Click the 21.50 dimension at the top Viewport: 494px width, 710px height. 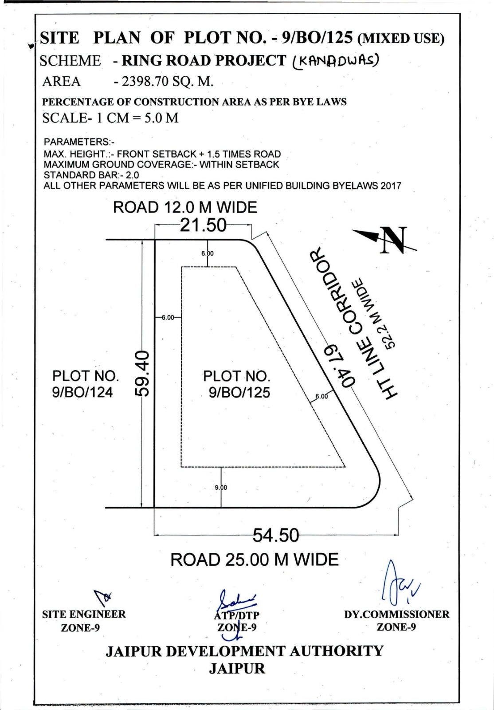pyautogui.click(x=204, y=225)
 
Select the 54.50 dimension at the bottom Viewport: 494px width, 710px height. pyautogui.click(x=276, y=536)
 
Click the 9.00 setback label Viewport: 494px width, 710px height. pyautogui.click(x=221, y=487)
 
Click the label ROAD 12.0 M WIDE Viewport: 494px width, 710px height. pyautogui.click(x=185, y=207)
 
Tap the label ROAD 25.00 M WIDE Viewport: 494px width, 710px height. pyautogui.click(x=255, y=560)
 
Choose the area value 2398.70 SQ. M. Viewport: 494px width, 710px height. pyautogui.click(x=164, y=82)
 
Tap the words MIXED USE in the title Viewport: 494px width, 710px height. pyautogui.click(x=401, y=39)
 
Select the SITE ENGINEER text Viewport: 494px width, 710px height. pyautogui.click(x=84, y=614)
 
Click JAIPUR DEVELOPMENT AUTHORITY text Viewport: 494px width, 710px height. pyautogui.click(x=244, y=651)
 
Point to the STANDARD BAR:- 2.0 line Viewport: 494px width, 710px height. pyautogui.click(x=91, y=175)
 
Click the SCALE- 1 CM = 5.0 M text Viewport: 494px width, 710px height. pyautogui.click(x=110, y=118)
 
